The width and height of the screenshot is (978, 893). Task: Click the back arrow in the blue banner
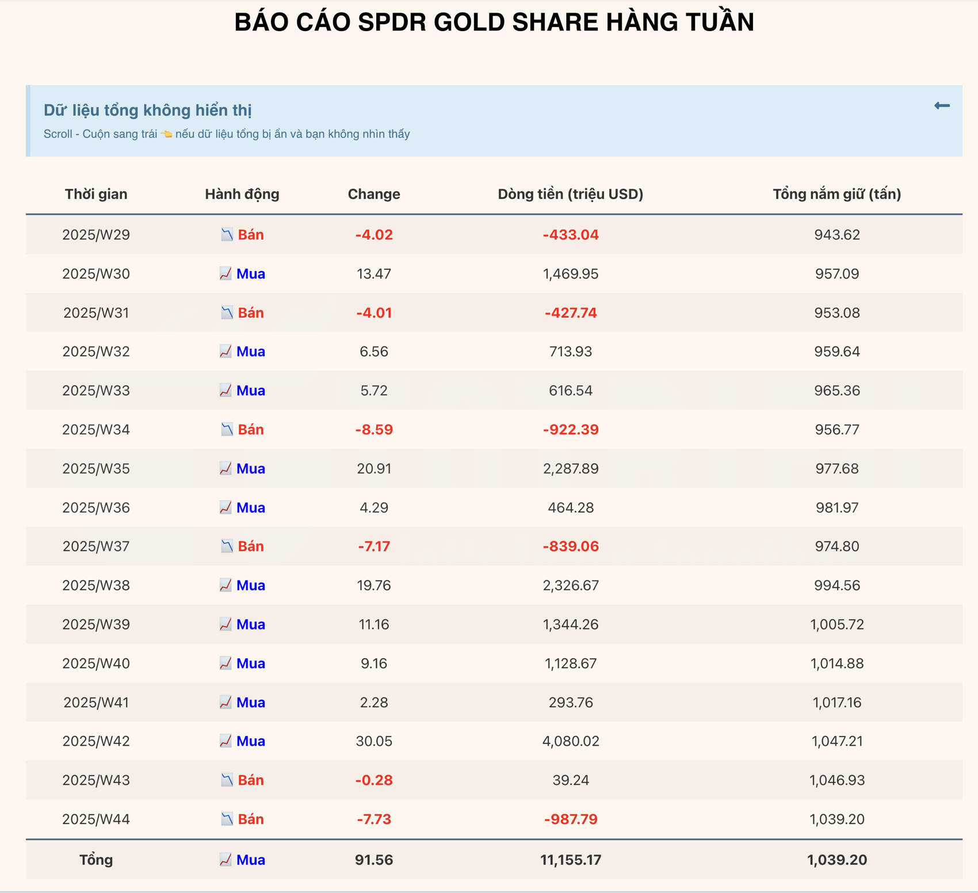pyautogui.click(x=941, y=106)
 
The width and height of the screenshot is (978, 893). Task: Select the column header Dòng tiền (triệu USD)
pyautogui.click(x=570, y=194)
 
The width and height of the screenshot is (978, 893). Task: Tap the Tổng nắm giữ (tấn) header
pyautogui.click(x=836, y=194)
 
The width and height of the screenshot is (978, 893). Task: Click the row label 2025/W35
pyautogui.click(x=96, y=469)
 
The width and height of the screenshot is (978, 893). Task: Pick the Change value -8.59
pyautogui.click(x=374, y=430)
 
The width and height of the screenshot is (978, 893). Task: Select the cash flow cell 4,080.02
pyautogui.click(x=571, y=741)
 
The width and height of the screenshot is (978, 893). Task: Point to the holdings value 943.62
pyautogui.click(x=836, y=235)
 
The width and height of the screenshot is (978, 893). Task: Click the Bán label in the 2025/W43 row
pyautogui.click(x=251, y=780)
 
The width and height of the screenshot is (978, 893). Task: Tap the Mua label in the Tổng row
pyautogui.click(x=251, y=860)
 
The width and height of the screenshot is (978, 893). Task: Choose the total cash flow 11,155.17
pyautogui.click(x=571, y=860)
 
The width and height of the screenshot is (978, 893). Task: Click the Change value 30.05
pyautogui.click(x=374, y=741)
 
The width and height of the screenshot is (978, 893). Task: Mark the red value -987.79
pyautogui.click(x=571, y=819)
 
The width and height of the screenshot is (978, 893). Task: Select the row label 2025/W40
pyautogui.click(x=96, y=663)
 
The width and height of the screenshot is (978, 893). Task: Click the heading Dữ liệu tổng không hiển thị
pyautogui.click(x=148, y=110)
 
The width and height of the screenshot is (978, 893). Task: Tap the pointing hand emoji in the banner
pyautogui.click(x=166, y=134)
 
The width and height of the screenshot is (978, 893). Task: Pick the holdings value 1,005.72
pyautogui.click(x=836, y=624)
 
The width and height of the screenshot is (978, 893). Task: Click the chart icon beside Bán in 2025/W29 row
pyautogui.click(x=227, y=235)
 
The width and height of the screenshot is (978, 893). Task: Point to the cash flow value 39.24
pyautogui.click(x=571, y=780)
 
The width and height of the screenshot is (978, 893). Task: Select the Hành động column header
pyautogui.click(x=242, y=194)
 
